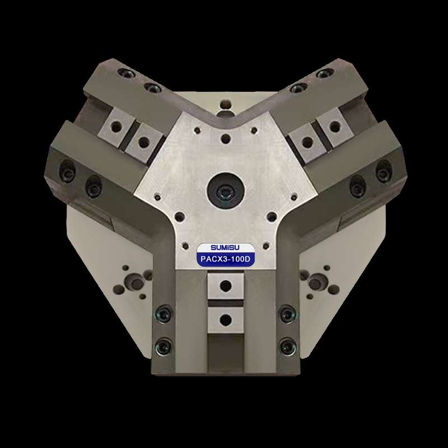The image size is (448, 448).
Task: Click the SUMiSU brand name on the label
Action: [x=225, y=248]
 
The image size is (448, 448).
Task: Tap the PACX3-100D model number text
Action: [x=225, y=259]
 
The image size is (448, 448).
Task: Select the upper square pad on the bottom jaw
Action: [x=226, y=286]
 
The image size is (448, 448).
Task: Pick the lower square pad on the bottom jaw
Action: [x=226, y=319]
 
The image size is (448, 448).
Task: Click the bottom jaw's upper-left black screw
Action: [x=164, y=313]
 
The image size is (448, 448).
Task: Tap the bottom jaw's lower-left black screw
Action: [x=164, y=346]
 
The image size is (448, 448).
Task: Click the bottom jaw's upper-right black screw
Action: [x=287, y=313]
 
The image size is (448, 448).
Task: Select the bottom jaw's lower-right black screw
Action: [x=287, y=346]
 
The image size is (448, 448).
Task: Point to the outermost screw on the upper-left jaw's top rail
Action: [x=125, y=73]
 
